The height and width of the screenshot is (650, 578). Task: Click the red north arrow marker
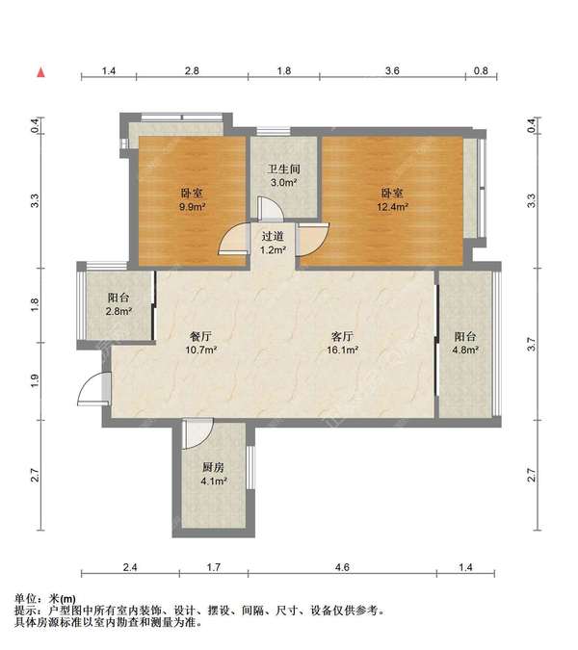click(41, 72)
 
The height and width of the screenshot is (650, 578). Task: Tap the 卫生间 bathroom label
click(283, 169)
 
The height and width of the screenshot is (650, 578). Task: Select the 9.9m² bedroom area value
click(193, 206)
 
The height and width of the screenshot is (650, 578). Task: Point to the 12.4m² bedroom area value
click(392, 206)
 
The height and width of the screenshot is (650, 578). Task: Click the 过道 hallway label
click(273, 236)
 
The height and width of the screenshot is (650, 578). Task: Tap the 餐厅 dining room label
click(201, 336)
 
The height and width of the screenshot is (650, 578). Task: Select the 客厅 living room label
click(343, 336)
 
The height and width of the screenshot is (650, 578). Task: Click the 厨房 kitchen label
click(213, 468)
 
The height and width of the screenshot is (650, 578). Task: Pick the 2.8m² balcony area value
click(118, 311)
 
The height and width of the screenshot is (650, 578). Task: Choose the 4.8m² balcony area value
click(465, 350)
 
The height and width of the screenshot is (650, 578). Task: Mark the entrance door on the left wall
click(94, 388)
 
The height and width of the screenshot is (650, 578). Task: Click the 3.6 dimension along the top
click(392, 71)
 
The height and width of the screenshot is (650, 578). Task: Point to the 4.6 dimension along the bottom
click(343, 567)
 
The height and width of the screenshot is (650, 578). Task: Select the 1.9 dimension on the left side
click(35, 381)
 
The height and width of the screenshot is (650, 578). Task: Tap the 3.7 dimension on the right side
click(531, 345)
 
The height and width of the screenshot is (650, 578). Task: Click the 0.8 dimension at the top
click(481, 71)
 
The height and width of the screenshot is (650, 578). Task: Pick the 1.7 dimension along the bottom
click(214, 567)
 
